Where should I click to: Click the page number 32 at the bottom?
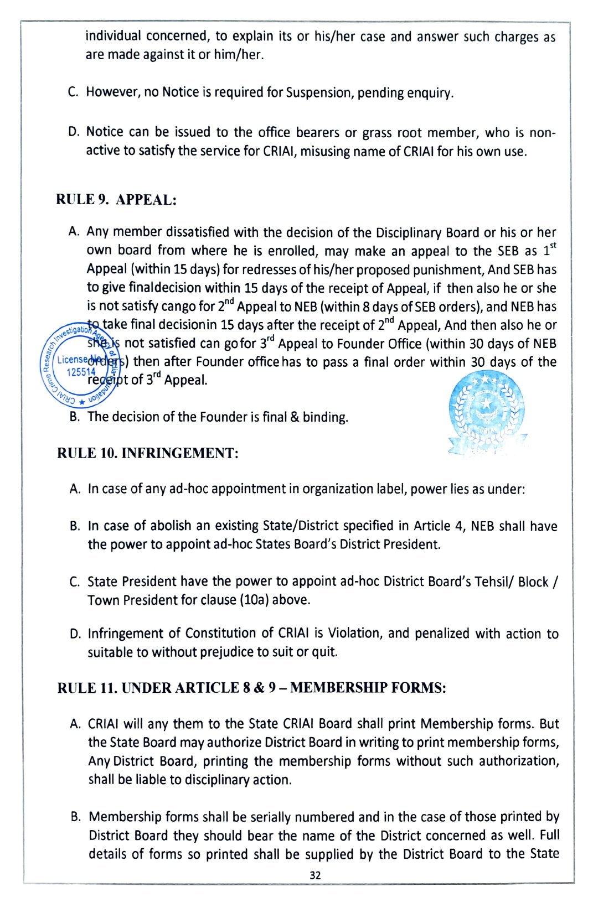[316, 875]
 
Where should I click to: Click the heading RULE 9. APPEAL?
[116, 200]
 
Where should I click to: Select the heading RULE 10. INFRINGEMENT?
[148, 453]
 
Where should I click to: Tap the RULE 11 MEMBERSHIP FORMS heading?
[251, 688]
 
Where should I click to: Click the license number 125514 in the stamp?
[81, 372]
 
